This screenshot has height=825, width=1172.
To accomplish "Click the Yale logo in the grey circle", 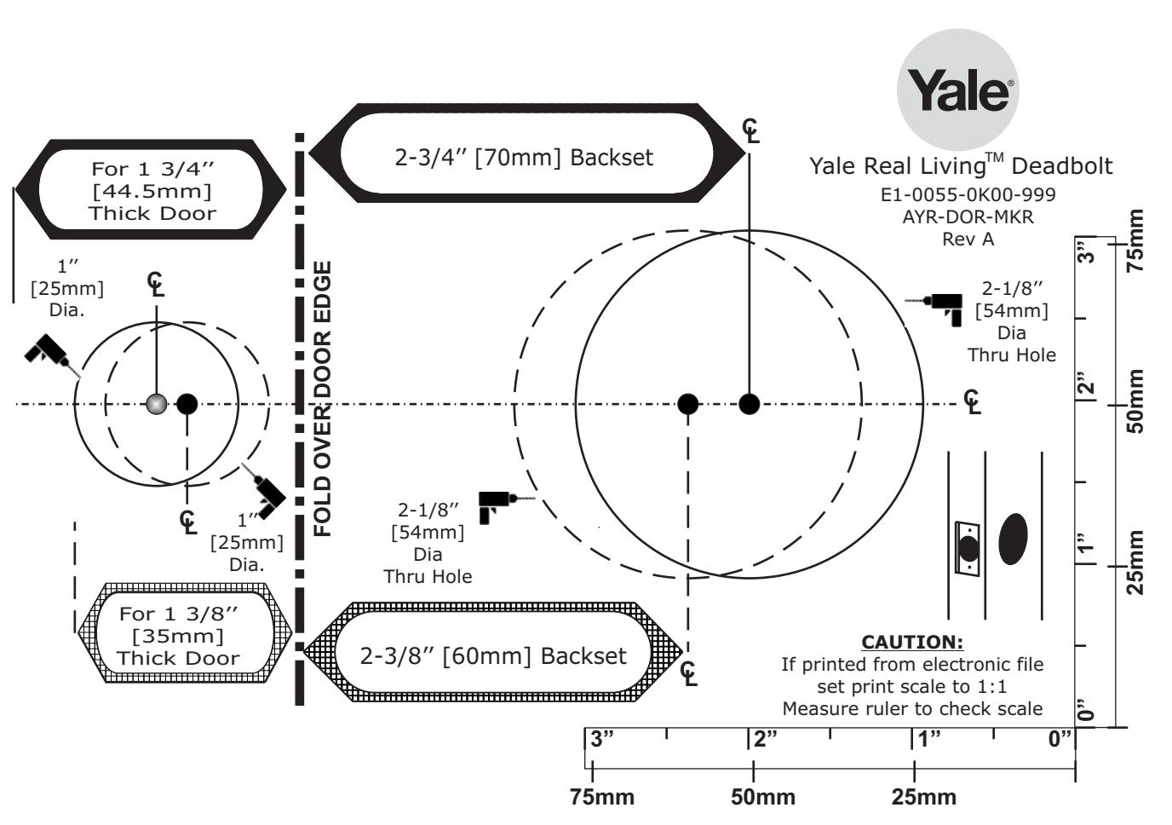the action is tap(957, 89).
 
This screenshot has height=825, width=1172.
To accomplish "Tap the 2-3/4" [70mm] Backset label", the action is tap(524, 158).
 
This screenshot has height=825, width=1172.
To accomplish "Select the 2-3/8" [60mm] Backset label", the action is tap(493, 655).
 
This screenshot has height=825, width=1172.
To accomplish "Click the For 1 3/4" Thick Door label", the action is tap(152, 191).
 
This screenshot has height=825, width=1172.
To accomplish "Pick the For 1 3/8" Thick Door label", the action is tap(178, 636).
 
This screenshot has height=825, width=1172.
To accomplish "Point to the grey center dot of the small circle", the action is tap(157, 404).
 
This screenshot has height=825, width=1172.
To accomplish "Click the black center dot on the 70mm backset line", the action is tap(750, 404).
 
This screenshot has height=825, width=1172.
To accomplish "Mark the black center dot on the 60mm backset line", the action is tap(687, 404).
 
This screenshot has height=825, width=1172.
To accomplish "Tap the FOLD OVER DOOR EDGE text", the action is tap(322, 398).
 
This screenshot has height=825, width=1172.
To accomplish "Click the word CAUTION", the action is tap(912, 642).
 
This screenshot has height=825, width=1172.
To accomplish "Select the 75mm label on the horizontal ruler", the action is tap(601, 797).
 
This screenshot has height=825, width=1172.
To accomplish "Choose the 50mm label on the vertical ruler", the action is tap(1136, 401).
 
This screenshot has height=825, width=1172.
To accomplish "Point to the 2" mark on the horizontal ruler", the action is tap(765, 739).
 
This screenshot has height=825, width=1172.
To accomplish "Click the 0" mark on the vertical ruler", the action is tap(1086, 710).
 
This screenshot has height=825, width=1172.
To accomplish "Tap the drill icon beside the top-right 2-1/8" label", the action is tap(934, 309).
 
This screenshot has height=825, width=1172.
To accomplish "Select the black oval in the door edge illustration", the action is tap(1013, 539).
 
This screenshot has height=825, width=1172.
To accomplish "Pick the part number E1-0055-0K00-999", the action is tap(968, 194).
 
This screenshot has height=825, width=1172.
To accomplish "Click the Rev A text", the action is tap(968, 239).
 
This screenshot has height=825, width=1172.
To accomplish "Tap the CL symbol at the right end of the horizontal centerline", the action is tap(972, 402).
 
